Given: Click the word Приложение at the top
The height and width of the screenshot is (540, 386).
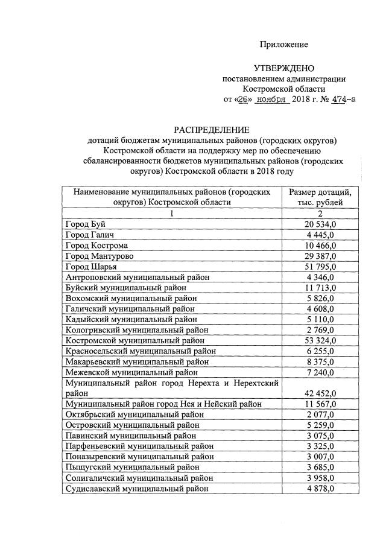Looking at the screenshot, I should pyautogui.click(x=283, y=45).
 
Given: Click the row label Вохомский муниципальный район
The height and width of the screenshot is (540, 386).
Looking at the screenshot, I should pyautogui.click(x=140, y=298).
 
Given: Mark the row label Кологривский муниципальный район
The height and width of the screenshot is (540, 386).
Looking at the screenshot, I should pyautogui.click(x=145, y=330).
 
